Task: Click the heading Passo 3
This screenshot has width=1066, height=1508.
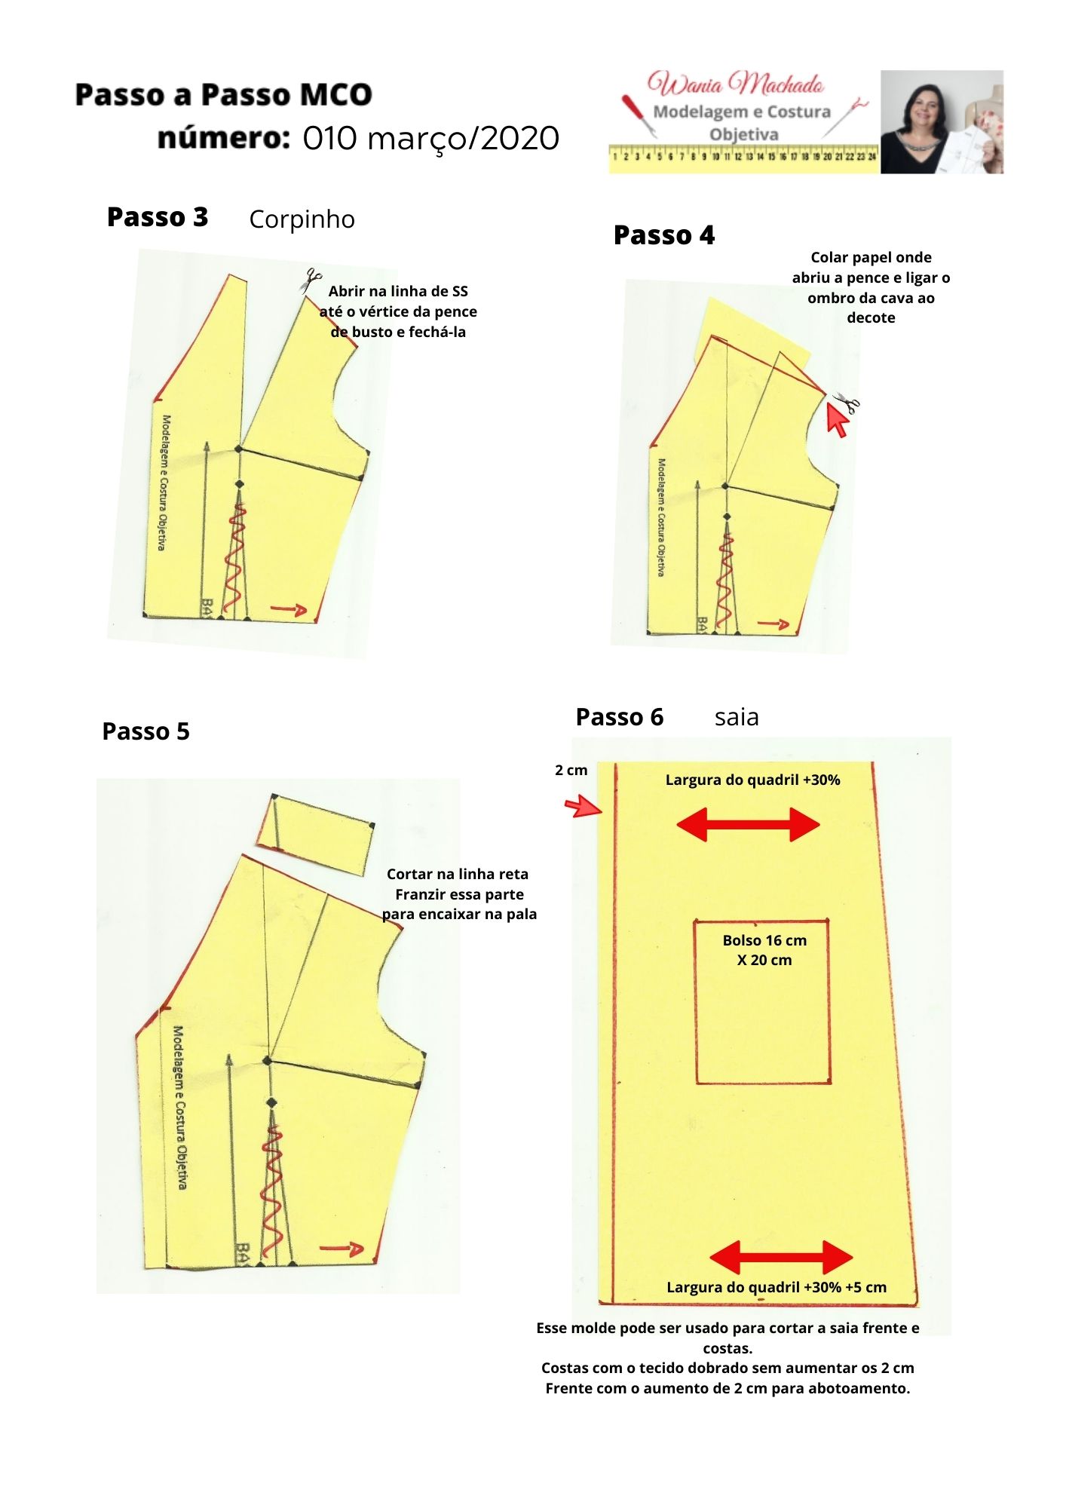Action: pos(158,217)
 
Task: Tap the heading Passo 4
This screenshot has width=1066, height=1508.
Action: pos(664,235)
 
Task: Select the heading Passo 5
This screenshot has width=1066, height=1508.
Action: pos(146,731)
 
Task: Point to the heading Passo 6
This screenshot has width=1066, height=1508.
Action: pos(620,717)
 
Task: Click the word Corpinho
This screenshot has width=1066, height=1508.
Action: pos(302,219)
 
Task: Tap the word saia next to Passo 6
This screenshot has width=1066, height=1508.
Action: pos(737,717)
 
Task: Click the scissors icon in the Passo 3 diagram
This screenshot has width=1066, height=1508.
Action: pos(310,281)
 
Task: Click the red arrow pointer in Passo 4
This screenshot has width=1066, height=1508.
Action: pos(837,419)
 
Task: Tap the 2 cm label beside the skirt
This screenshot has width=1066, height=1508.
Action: pos(571,771)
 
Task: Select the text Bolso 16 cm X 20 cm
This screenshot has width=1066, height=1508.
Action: pos(764,950)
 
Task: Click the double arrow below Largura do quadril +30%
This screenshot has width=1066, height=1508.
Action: pos(748,824)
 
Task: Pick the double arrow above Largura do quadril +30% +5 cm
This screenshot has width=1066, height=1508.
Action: pos(781,1258)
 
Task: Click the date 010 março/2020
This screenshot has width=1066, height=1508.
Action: pos(431,139)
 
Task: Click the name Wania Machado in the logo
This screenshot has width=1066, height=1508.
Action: pos(736,84)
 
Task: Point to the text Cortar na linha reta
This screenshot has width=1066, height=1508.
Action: pos(458,875)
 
